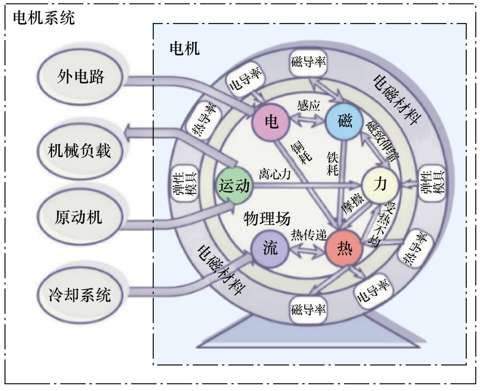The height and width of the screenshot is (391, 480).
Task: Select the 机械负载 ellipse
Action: (79, 151)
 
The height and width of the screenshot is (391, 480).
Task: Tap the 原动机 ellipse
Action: (79, 218)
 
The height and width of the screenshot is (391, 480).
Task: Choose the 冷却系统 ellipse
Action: (80, 294)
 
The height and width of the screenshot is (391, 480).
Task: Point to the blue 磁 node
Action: (344, 121)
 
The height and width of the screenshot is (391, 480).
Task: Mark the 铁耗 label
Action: (332, 164)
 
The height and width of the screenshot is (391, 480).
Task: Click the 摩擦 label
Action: (352, 204)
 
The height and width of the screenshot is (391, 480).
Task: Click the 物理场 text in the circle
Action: (267, 218)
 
